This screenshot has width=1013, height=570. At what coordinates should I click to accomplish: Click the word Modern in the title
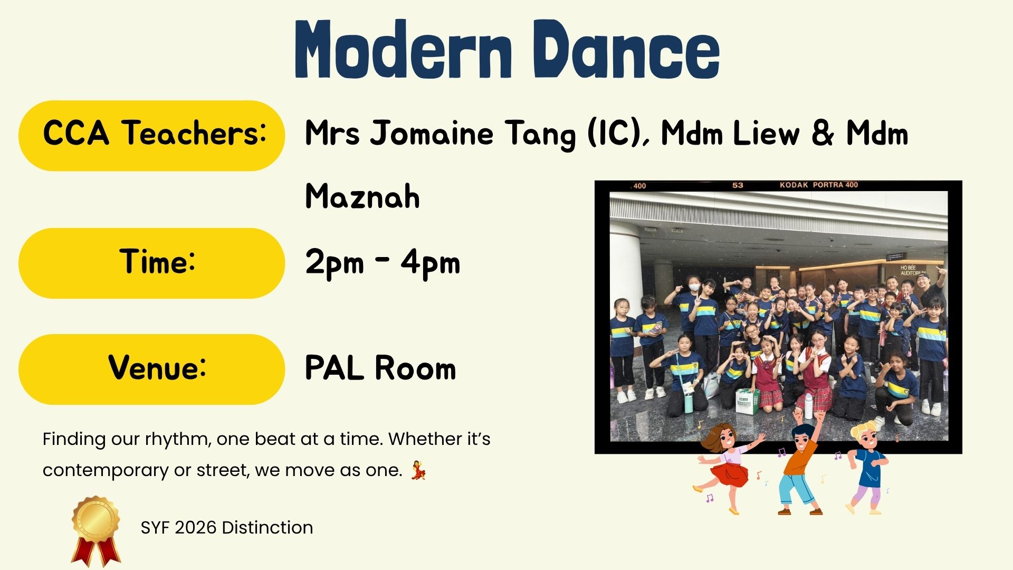click(404, 50)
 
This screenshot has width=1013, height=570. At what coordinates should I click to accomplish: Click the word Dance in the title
click(626, 50)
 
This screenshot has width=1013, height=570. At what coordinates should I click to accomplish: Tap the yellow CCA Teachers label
click(152, 136)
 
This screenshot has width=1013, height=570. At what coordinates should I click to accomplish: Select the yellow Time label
click(152, 263)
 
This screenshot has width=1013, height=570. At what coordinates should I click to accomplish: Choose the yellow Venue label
click(152, 369)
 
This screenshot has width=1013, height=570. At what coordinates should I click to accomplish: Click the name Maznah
click(362, 196)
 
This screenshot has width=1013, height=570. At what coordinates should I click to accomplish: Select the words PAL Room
click(380, 368)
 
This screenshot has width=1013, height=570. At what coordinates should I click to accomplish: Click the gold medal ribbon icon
click(95, 531)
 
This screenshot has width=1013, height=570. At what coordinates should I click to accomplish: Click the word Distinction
click(267, 527)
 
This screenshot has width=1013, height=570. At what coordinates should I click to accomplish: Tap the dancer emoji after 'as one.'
click(418, 470)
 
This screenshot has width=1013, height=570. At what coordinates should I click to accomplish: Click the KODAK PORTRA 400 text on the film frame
click(819, 185)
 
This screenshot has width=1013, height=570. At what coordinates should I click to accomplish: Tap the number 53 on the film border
click(738, 185)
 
